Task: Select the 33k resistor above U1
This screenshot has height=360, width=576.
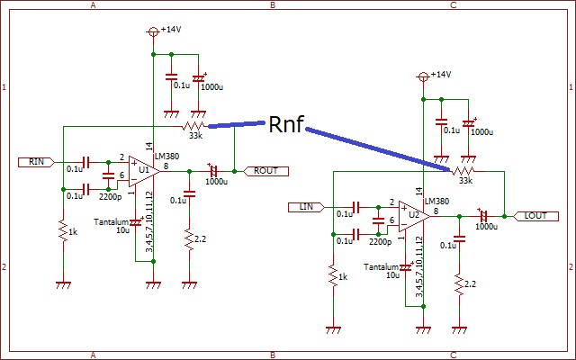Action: pyautogui.click(x=193, y=125)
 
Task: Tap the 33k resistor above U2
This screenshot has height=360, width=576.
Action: pyautogui.click(x=463, y=170)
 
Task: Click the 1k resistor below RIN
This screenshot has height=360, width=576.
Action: pyautogui.click(x=63, y=231)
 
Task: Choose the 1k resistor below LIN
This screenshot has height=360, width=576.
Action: pyautogui.click(x=332, y=276)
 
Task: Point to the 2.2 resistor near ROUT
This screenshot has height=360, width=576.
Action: pyautogui.click(x=188, y=240)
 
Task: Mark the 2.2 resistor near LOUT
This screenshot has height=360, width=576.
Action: pyautogui.click(x=459, y=285)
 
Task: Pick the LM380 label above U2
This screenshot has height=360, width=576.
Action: pyautogui.click(x=436, y=202)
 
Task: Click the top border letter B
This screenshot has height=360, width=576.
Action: pyautogui.click(x=273, y=4)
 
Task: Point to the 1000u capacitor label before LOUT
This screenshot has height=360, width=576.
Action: pyautogui.click(x=485, y=227)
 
